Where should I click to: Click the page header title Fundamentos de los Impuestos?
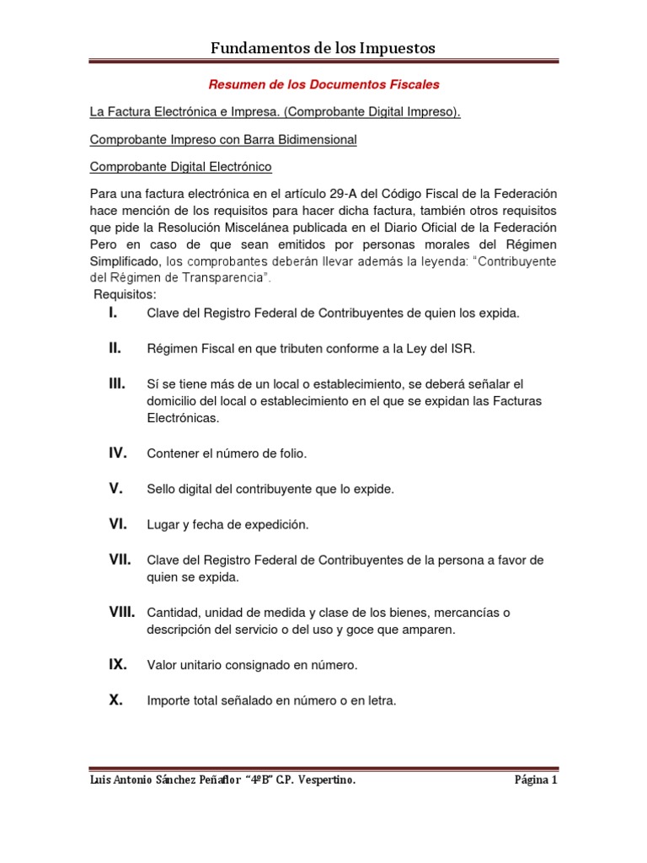coord(323,48)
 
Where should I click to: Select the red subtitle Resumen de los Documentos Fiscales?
coord(323,85)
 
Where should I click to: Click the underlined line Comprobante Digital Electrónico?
coord(180,167)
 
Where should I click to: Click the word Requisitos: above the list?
coord(125,295)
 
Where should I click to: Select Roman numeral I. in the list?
coord(112,314)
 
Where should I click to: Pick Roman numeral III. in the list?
coord(116,384)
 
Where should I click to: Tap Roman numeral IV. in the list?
coord(117,453)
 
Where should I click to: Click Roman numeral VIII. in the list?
coord(121,612)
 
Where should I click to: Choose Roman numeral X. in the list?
coord(115,700)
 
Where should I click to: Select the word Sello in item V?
coord(161,490)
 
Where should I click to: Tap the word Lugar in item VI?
coord(163,525)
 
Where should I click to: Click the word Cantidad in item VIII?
coord(172,612)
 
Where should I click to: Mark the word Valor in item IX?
coord(162,666)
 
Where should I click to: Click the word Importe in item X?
coord(168,701)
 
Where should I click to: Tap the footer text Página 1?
coord(536,780)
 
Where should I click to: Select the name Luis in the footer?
coord(101,780)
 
